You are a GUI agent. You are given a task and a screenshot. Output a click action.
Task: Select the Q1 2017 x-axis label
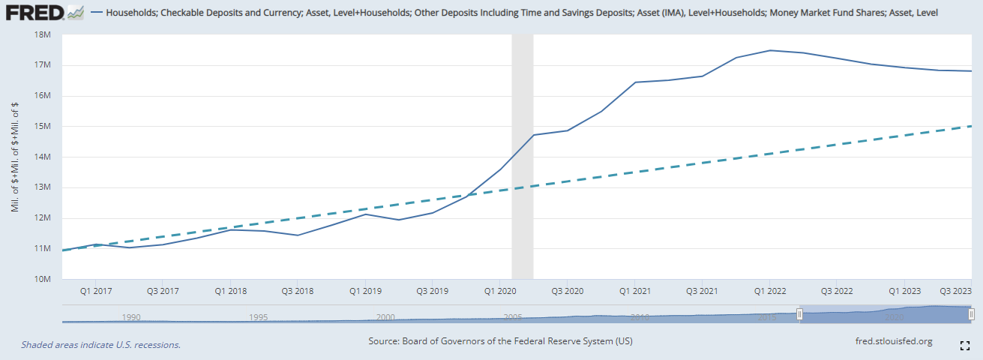pyautogui.click(x=96, y=290)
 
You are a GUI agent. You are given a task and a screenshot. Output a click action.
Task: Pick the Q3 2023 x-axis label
pyautogui.click(x=955, y=290)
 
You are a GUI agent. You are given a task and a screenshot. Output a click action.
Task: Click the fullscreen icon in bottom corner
pyautogui.click(x=966, y=345)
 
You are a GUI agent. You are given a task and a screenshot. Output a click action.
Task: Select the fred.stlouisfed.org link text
pyautogui.click(x=894, y=341)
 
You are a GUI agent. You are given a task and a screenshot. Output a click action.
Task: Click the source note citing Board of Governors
pyautogui.click(x=500, y=341)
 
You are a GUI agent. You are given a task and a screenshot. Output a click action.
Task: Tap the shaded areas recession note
pyautogui.click(x=100, y=345)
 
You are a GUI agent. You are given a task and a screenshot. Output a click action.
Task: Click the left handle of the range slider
pyautogui.click(x=799, y=314)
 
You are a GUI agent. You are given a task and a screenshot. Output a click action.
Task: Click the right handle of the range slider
pyautogui.click(x=971, y=314)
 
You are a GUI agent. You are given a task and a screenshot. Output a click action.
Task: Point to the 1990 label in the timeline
pyautogui.click(x=131, y=317)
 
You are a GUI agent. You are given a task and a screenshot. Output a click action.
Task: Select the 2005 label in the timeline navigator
pyautogui.click(x=513, y=317)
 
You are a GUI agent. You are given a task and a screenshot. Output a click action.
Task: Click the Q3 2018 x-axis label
pyautogui.click(x=298, y=290)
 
